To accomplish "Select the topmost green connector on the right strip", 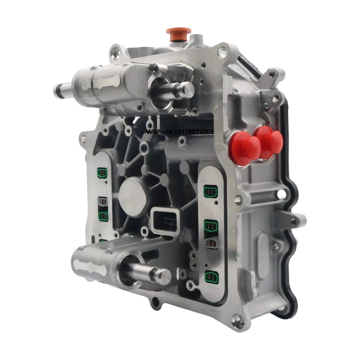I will (210, 192).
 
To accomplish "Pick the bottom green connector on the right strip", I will (210, 276).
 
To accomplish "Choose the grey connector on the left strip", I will (103, 202).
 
